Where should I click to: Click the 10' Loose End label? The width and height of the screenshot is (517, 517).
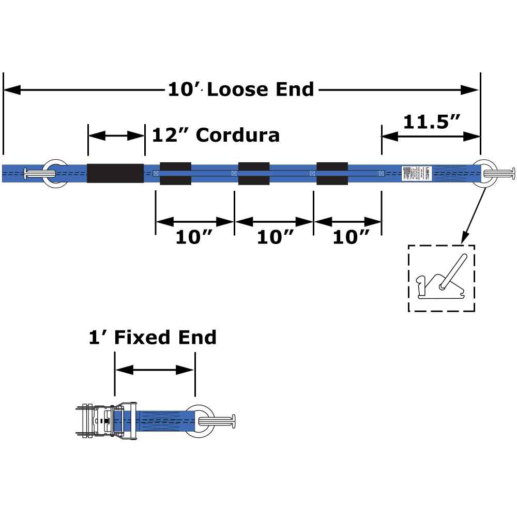click(x=241, y=89)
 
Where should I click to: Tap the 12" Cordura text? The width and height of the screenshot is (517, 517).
click(x=216, y=135)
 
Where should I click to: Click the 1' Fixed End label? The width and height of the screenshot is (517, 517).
click(x=152, y=338)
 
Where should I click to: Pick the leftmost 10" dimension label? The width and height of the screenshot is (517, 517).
click(x=194, y=237)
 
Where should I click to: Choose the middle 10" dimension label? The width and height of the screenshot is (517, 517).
click(x=275, y=237)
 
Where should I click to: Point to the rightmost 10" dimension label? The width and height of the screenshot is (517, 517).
click(x=351, y=237)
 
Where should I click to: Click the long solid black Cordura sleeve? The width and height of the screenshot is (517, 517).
click(x=115, y=173)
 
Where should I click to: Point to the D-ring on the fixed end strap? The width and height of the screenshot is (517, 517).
click(x=202, y=421)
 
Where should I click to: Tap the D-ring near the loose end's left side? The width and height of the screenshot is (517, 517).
click(x=55, y=173)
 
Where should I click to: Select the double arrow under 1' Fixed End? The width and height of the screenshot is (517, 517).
click(x=155, y=370)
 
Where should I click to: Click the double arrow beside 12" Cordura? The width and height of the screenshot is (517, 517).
click(x=116, y=136)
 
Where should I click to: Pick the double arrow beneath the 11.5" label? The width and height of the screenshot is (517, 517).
click(x=431, y=136)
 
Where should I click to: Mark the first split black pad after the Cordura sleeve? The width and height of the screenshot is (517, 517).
click(x=175, y=173)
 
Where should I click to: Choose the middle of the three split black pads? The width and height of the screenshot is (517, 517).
click(x=253, y=173)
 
